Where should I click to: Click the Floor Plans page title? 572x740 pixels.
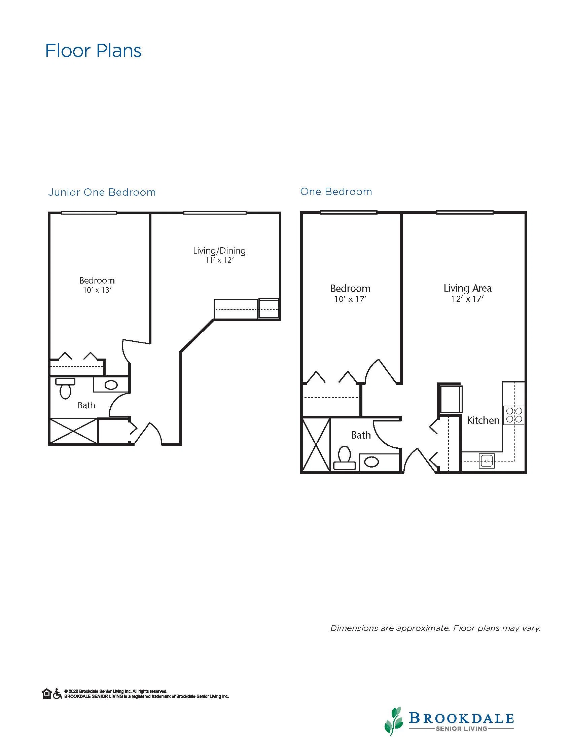pos(93,51)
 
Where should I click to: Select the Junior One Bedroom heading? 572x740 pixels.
pos(102,192)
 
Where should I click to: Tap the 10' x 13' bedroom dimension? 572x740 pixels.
pos(97,290)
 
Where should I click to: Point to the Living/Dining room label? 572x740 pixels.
pos(219,251)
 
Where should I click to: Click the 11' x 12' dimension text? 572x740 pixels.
pos(219,260)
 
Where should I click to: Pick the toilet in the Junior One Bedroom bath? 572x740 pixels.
pos(65,388)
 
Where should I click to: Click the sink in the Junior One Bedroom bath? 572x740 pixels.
pos(111,385)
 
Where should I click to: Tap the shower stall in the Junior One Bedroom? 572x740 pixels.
pos(74,431)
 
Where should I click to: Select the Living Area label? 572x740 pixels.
pos(468,288)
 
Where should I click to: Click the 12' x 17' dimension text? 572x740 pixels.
pos(468,299)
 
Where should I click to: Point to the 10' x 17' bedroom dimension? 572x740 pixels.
pos(350,299)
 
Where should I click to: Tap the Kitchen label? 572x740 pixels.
pos(483,420)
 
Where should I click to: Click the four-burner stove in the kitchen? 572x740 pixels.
pos(514,415)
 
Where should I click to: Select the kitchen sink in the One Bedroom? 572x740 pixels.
pos(487,461)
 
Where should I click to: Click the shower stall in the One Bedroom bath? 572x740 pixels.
pos(316,445)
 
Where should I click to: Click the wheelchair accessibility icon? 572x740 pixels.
pos(58,694)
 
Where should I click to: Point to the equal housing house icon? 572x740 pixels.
pos(47,694)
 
